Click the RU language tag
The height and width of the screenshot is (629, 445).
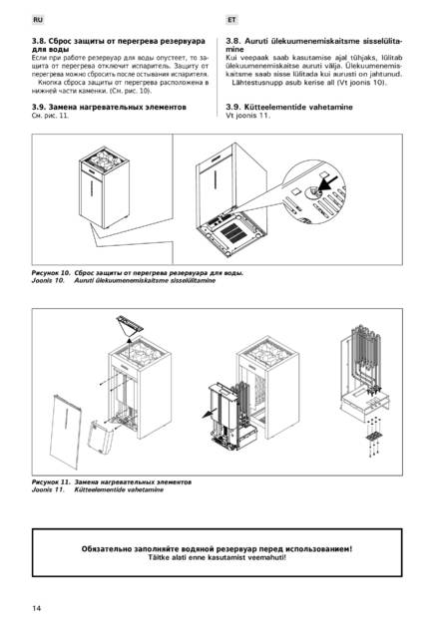pos(38,20)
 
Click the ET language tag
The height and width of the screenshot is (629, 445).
pos(231,20)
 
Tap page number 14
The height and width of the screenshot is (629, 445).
pos(36,608)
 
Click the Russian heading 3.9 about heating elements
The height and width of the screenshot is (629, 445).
pos(109,107)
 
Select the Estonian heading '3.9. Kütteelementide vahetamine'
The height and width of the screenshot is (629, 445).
pos(289,107)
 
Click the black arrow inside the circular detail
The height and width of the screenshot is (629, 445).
pos(328,184)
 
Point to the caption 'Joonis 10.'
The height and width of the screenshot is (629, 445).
pos(48,280)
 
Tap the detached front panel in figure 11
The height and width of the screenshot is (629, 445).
pos(66,432)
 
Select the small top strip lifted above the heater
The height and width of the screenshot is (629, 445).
pos(130,323)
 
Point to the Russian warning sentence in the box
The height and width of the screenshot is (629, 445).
pos(217,548)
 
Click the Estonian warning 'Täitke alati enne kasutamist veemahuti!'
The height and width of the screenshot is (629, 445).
pos(217,557)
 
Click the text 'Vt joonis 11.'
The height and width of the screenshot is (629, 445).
pos(247,116)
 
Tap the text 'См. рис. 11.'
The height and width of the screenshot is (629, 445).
pos(50,116)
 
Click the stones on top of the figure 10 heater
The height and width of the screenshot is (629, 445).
pos(104,157)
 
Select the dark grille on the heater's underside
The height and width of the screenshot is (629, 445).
pos(232,232)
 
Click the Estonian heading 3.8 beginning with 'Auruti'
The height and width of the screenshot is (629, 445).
pos(313,45)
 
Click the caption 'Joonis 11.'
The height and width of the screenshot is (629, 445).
pos(48,489)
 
